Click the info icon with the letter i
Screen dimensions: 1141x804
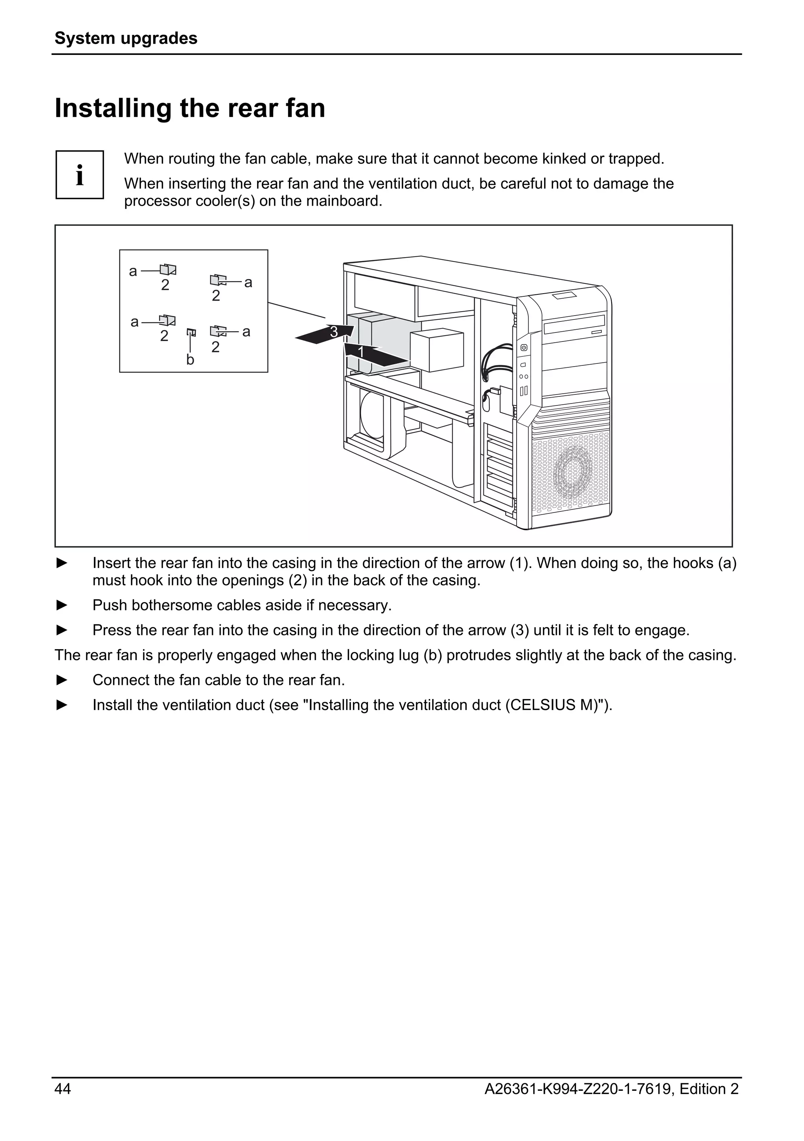80,175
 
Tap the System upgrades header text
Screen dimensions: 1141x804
126,38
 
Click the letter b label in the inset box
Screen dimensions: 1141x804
190,360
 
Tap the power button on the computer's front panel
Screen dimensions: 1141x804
524,348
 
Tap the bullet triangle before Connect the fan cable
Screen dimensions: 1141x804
62,680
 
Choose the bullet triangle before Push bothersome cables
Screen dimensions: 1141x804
62,605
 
